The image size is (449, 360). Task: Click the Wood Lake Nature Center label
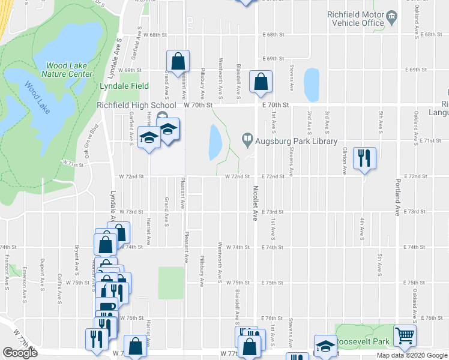coord(70,70)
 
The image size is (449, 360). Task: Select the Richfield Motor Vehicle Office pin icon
coord(392,15)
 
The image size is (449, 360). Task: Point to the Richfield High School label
coord(137,105)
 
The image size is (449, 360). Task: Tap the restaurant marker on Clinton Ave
coord(364,158)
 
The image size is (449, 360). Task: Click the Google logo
coord(20,353)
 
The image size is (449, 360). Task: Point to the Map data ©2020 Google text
coord(411,355)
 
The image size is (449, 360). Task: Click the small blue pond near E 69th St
coord(311,85)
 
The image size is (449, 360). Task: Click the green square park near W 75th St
coord(170,283)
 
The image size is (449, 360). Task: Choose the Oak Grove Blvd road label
coord(91,141)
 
